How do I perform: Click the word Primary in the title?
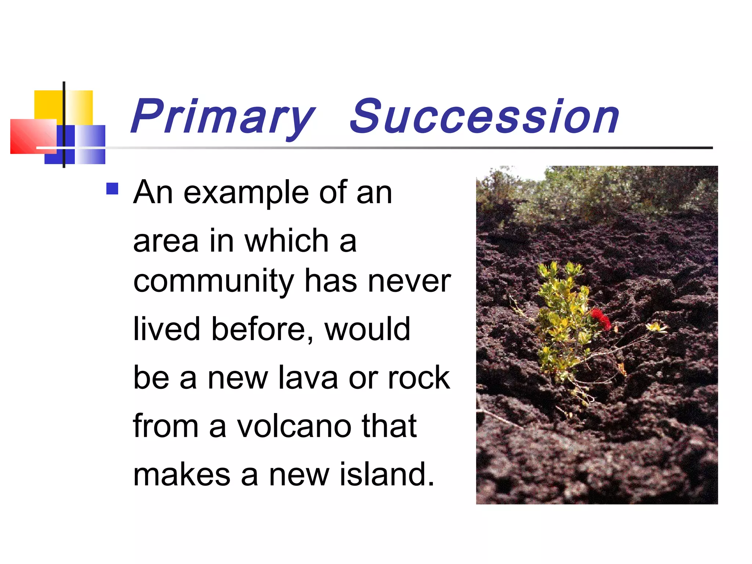[223, 117]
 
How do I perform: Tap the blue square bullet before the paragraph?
[112, 189]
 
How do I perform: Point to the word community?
[214, 282]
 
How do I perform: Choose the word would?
[367, 329]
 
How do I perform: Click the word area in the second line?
[166, 242]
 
